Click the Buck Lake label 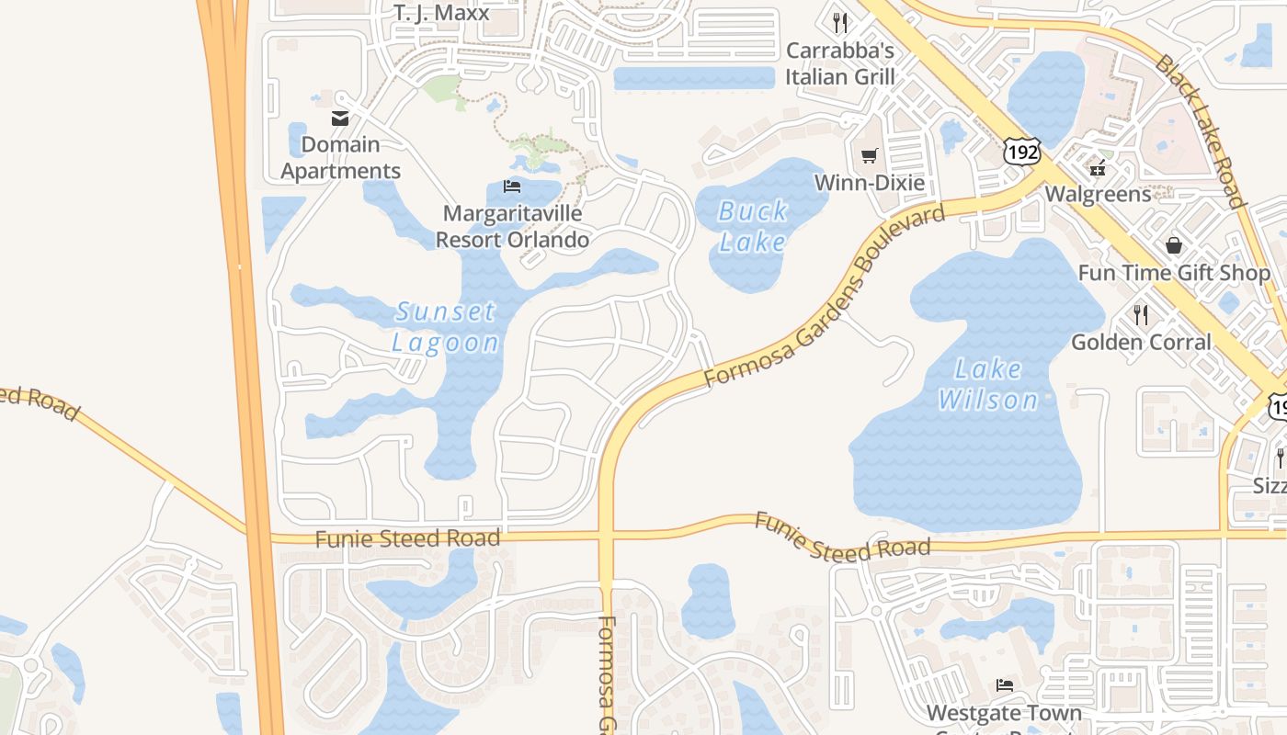click(x=752, y=226)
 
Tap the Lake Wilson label click(x=988, y=384)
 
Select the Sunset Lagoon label click(x=446, y=327)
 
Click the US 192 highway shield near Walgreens click(x=1021, y=152)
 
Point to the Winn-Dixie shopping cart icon click(x=870, y=155)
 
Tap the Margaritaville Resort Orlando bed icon click(x=512, y=187)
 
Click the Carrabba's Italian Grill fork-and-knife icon click(x=840, y=22)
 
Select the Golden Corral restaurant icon click(x=1141, y=315)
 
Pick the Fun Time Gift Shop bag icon click(x=1174, y=245)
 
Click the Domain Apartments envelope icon click(x=340, y=118)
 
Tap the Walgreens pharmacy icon click(x=1097, y=167)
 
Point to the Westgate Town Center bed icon click(x=1005, y=685)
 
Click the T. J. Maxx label click(x=441, y=13)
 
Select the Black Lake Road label click(x=1200, y=130)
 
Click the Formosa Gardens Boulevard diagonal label click(x=824, y=296)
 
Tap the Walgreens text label click(x=1098, y=194)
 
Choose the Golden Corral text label click(x=1141, y=342)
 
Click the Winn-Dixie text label click(x=870, y=182)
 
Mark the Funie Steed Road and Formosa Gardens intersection click(x=606, y=535)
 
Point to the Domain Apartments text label click(x=340, y=157)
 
